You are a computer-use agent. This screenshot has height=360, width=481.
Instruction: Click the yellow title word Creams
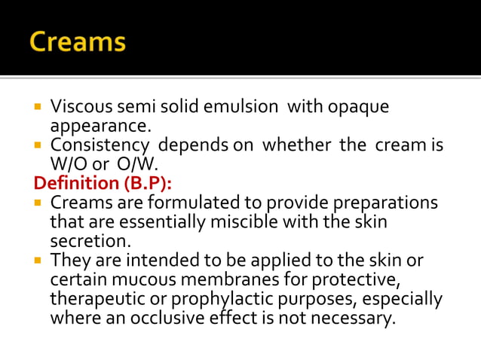coord(78,41)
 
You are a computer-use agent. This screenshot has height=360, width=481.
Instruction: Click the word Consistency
coord(97,145)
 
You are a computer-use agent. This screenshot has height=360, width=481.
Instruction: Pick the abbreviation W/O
coord(68,164)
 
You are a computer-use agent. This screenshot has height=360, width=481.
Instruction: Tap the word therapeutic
coord(96,298)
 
